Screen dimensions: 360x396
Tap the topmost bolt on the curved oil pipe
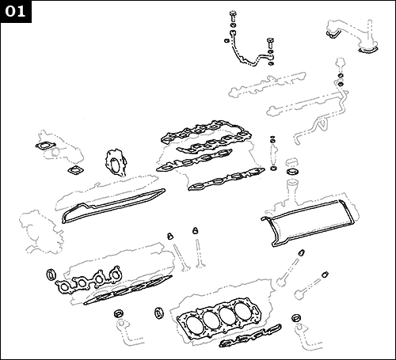232,16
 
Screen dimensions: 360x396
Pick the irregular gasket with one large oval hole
116,165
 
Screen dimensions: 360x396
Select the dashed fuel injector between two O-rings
273,150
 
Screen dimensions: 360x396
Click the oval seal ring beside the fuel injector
292,169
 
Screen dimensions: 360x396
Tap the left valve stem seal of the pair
170,236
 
